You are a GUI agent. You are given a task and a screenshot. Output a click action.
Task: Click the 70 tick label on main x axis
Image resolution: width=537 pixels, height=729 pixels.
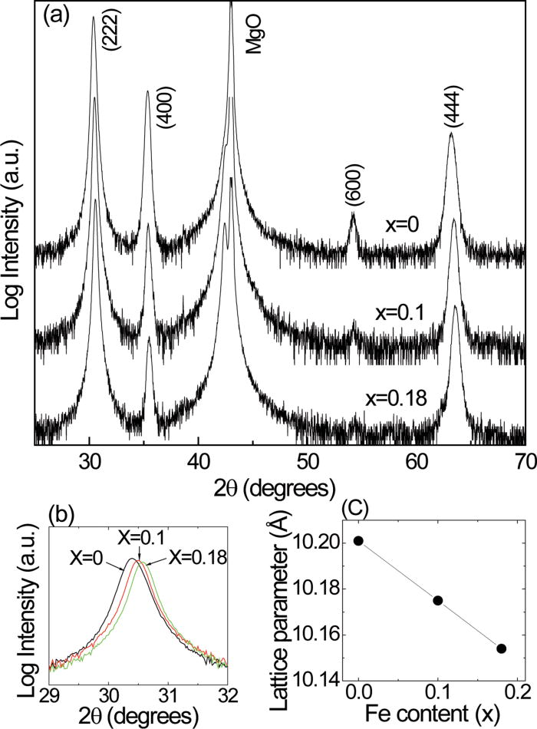pyautogui.click(x=525, y=460)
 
